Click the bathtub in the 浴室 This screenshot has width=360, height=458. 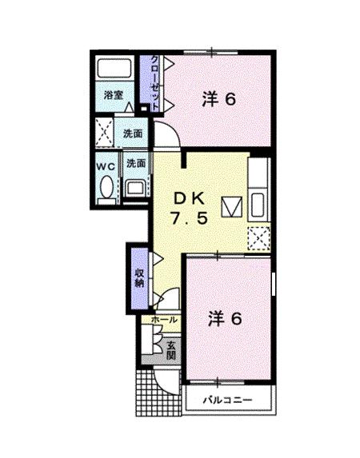[114, 69]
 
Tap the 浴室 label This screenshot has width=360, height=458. [114, 95]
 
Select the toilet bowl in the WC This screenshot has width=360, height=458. [106, 187]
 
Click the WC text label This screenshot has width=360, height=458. [106, 166]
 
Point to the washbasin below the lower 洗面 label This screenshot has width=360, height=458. [135, 188]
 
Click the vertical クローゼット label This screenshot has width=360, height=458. [155, 82]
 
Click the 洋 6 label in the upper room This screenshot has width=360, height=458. [218, 99]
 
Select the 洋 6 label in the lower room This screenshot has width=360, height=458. [225, 318]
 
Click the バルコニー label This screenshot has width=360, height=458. [227, 400]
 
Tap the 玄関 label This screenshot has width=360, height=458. [171, 350]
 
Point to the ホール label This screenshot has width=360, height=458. [164, 320]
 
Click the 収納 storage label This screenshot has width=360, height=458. [139, 278]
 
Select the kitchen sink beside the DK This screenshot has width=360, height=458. [258, 205]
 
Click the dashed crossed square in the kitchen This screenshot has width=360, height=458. [258, 238]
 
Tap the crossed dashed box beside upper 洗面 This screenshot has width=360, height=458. [105, 133]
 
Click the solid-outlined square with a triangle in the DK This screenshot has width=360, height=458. [232, 207]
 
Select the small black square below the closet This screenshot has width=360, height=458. [144, 109]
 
